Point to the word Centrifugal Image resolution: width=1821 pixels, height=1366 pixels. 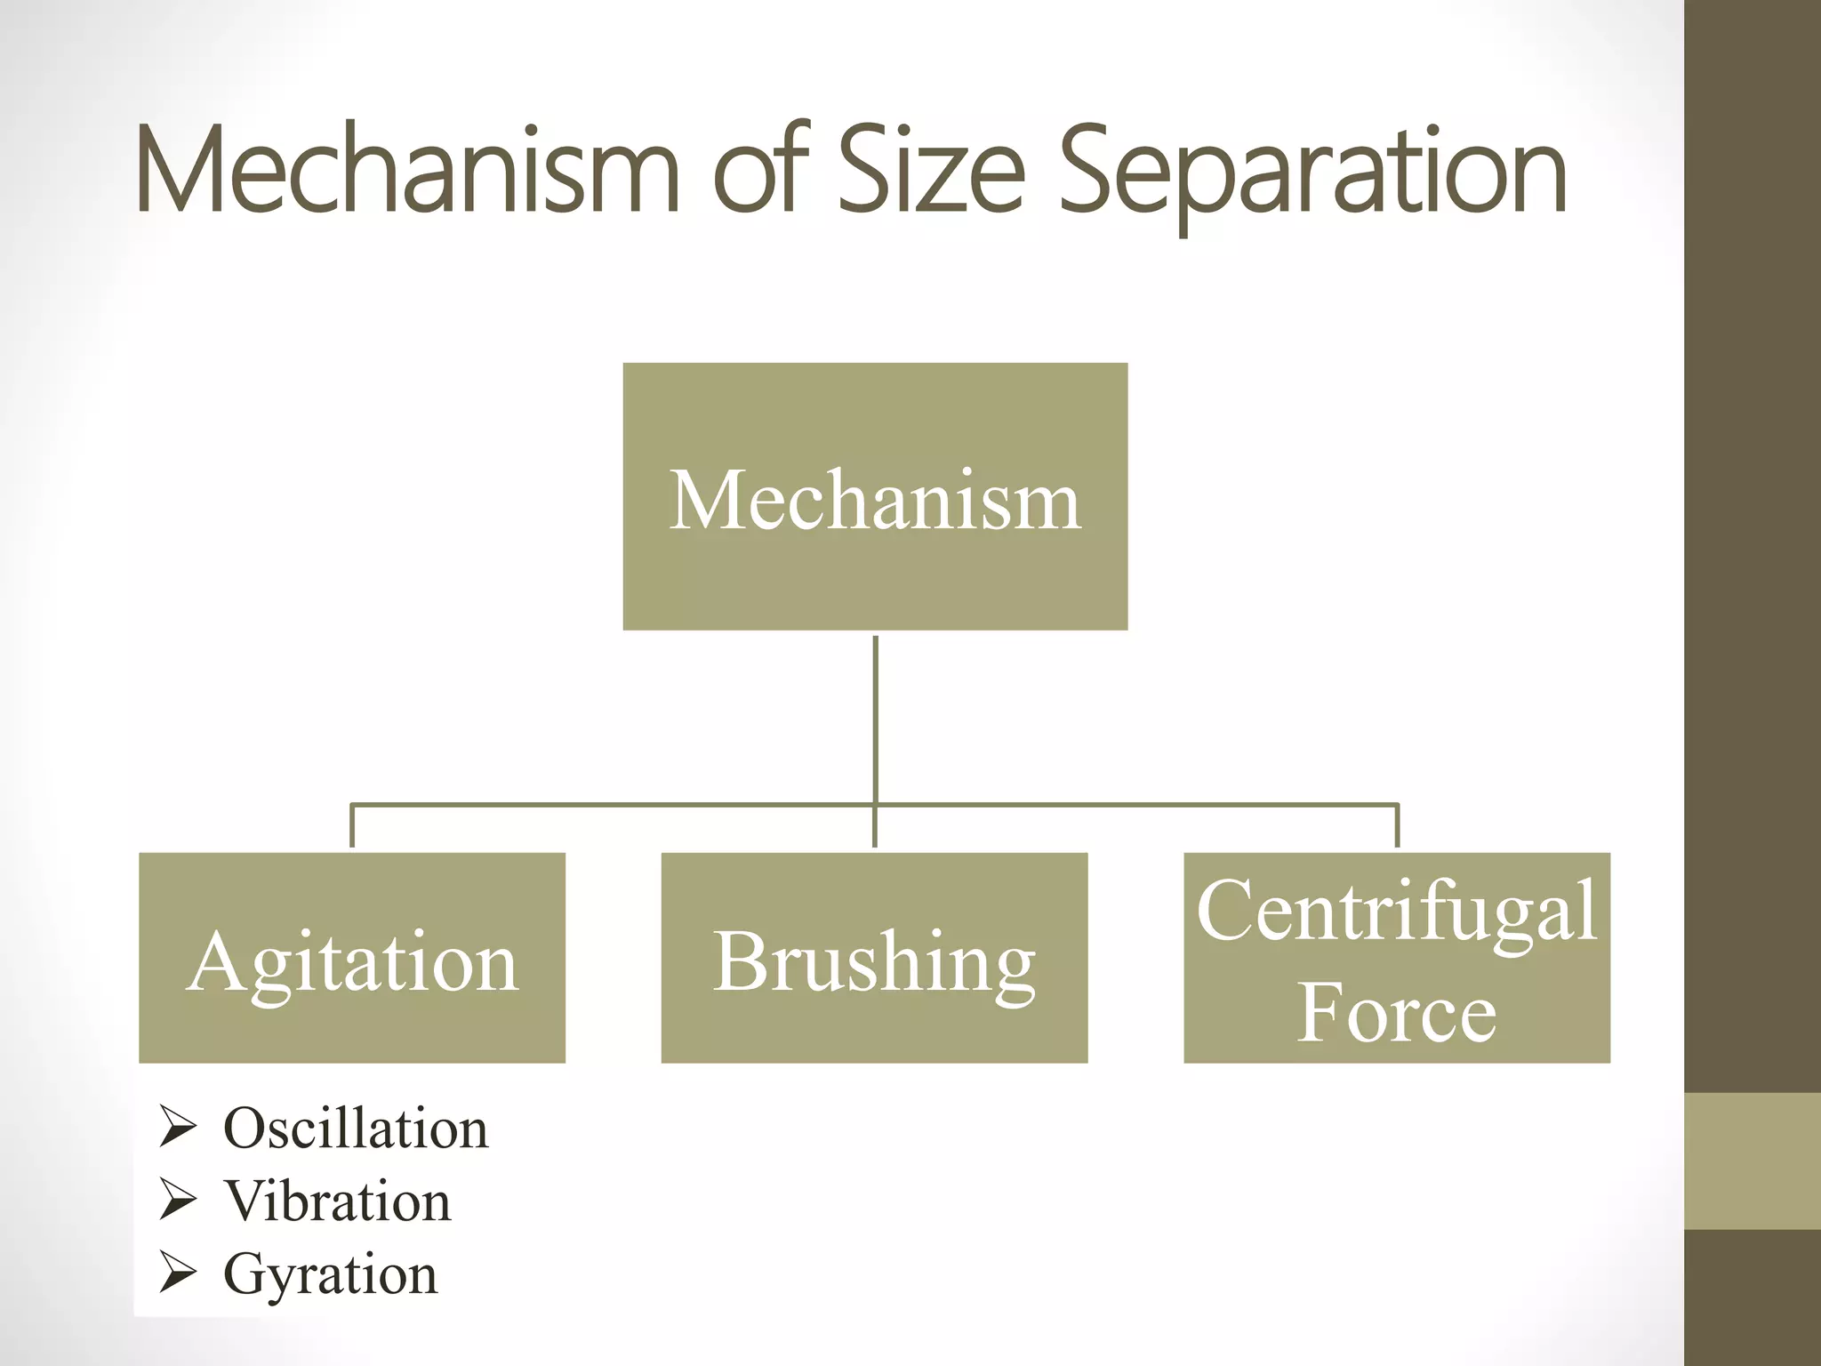[x=1396, y=911]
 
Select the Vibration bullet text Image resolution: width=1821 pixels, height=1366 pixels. [x=338, y=1201]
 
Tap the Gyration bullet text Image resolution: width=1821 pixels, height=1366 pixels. [x=331, y=1274]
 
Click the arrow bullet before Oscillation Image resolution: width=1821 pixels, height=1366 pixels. [x=178, y=1127]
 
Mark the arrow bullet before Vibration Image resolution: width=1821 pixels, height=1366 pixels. [x=178, y=1200]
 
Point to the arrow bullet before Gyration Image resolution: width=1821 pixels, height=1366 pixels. [x=178, y=1273]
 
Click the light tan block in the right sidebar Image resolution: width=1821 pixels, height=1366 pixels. [x=1752, y=1161]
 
